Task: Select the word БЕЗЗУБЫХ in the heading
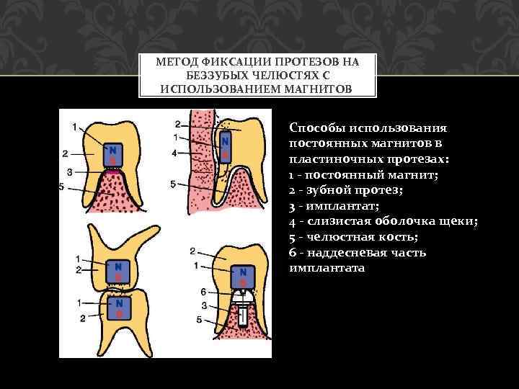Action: (x=216, y=76)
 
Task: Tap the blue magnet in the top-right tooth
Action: (x=224, y=146)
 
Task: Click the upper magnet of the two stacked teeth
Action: (x=117, y=272)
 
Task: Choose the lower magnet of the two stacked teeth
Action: (x=117, y=308)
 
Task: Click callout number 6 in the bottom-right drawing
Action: (x=204, y=292)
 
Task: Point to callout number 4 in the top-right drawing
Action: (x=174, y=153)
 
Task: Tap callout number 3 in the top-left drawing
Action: (x=68, y=172)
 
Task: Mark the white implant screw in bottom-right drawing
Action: (x=244, y=313)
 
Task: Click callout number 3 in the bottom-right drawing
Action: (x=204, y=305)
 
